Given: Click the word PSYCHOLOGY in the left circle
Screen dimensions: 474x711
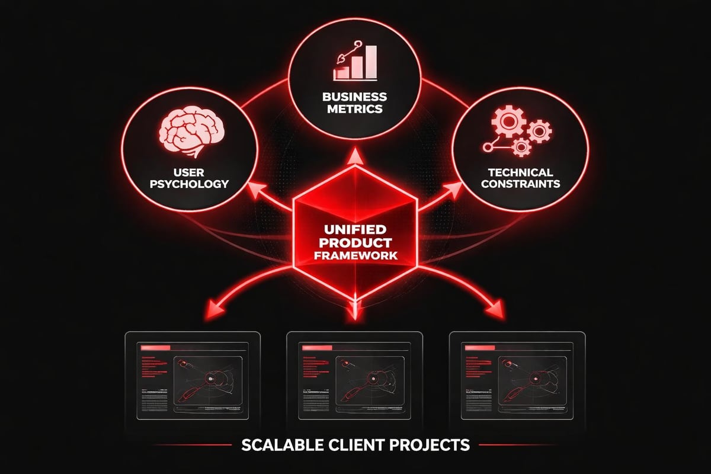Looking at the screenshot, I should [x=188, y=184].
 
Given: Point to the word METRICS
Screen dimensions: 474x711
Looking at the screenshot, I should [x=355, y=110].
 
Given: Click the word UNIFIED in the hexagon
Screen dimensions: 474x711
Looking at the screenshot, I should [x=355, y=228].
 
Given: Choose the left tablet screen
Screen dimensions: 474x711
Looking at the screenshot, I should [x=193, y=376].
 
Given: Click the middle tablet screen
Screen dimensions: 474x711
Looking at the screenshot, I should [x=355, y=376].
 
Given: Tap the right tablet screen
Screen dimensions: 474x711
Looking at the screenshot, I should [x=517, y=376].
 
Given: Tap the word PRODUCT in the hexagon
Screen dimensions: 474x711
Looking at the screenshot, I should [x=355, y=242].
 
